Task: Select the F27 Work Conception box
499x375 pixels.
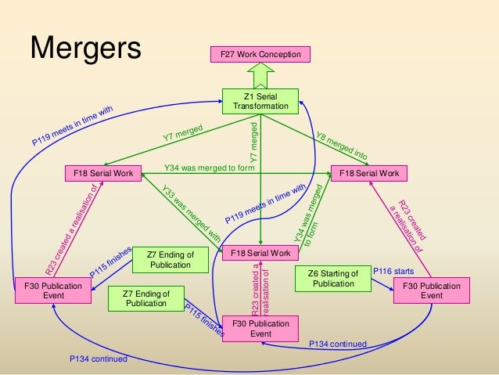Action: [x=261, y=54]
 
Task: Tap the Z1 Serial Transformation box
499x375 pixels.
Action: [x=260, y=100]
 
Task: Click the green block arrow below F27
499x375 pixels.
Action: [x=260, y=75]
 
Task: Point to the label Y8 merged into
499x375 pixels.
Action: [x=341, y=146]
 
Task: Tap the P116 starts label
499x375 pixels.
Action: [x=393, y=270]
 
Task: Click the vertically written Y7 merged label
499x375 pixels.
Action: [x=253, y=142]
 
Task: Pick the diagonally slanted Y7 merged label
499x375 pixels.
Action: [x=183, y=132]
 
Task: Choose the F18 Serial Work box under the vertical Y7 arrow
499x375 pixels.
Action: [x=260, y=253]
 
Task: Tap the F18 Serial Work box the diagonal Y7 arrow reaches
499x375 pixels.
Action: [x=102, y=172]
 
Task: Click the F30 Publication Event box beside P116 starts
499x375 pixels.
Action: [x=432, y=291]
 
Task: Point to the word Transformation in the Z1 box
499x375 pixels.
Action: [x=260, y=106]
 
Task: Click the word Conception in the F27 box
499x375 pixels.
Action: [x=278, y=54]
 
